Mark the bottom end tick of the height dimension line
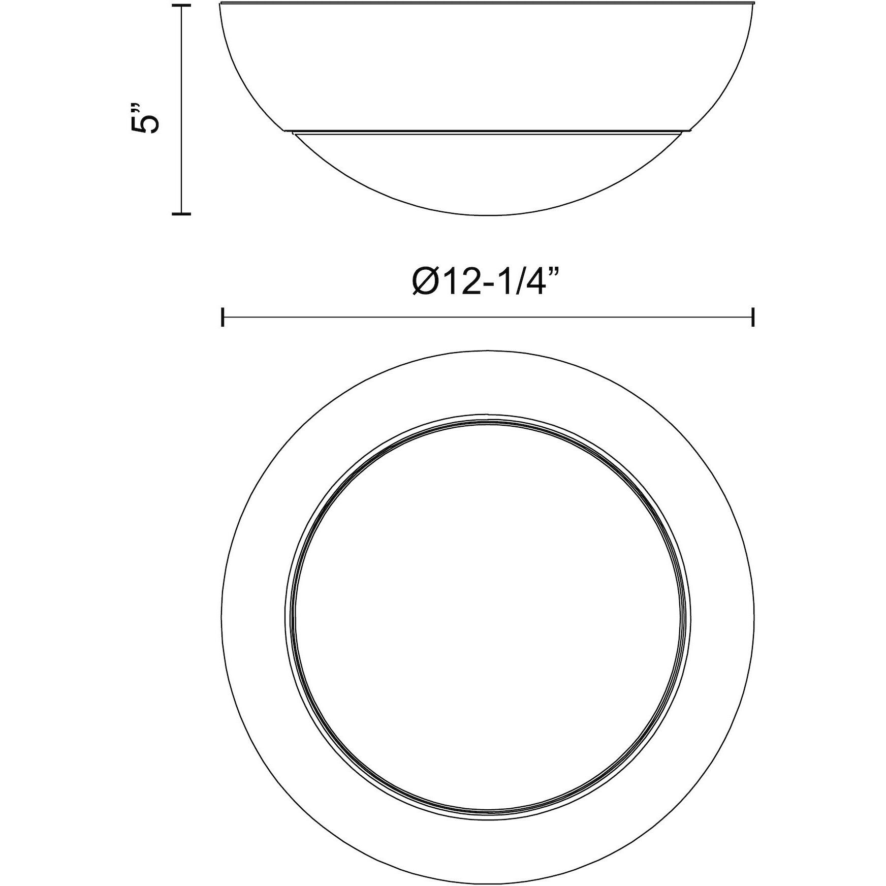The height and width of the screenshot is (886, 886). click(181, 214)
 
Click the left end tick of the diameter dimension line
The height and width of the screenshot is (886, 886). click(223, 317)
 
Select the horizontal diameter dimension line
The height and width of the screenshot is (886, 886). click(488, 317)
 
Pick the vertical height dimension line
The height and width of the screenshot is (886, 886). click(181, 109)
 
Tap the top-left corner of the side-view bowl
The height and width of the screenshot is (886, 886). click(220, 4)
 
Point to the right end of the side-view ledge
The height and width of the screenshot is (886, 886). click(691, 131)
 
